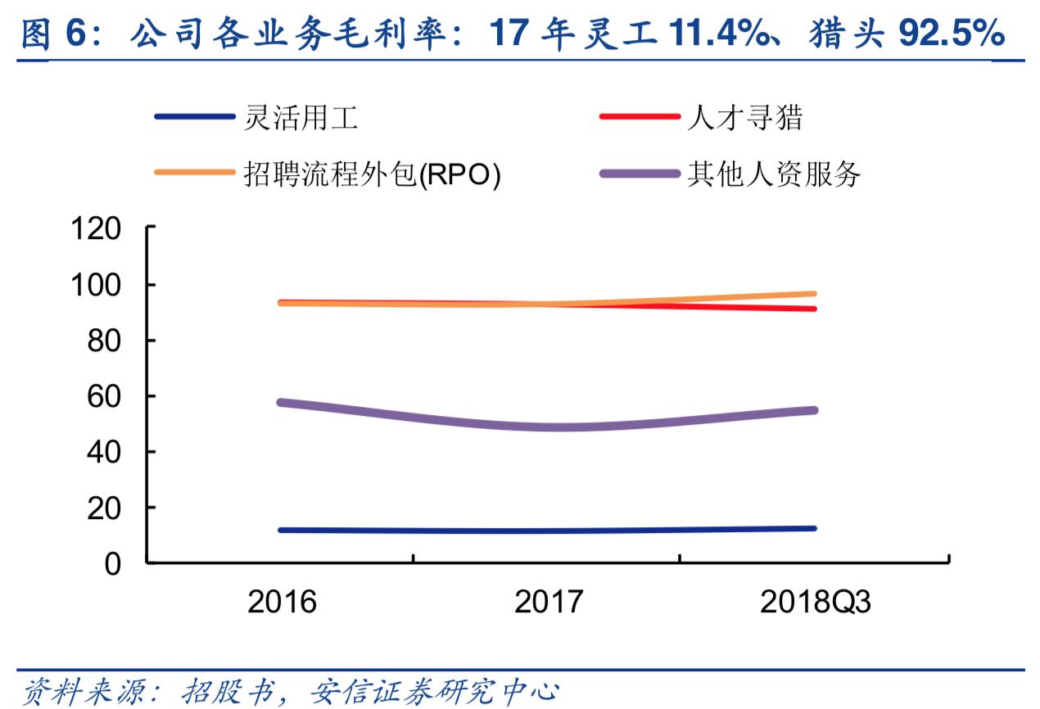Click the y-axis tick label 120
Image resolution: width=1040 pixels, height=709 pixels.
tap(97, 228)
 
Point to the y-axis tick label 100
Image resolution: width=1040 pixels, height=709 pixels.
tap(97, 285)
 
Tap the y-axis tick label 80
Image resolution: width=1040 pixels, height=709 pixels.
tap(105, 341)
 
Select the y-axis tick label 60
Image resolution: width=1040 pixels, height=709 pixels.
tap(105, 396)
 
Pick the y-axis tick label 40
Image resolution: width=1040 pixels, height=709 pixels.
tap(105, 452)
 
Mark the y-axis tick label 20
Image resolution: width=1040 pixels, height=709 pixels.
tap(105, 508)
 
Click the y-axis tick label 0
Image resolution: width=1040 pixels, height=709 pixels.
tap(113, 563)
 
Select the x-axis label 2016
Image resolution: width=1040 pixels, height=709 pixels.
tap(282, 603)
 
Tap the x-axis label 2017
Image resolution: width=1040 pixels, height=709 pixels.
tap(548, 603)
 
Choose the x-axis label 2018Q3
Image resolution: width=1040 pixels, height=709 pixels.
tap(815, 603)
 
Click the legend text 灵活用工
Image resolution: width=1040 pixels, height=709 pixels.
tap(301, 119)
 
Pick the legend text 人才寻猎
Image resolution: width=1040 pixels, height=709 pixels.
tap(744, 119)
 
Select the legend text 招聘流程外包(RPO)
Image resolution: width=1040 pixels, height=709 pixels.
tap(372, 174)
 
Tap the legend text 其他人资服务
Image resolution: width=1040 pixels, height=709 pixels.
tap(774, 174)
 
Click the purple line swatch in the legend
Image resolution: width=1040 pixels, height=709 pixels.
tap(640, 174)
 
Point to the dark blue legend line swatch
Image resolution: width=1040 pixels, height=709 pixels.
tap(195, 117)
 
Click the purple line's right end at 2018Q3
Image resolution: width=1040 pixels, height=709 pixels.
tap(814, 410)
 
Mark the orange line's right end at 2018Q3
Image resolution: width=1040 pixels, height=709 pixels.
tap(814, 293)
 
